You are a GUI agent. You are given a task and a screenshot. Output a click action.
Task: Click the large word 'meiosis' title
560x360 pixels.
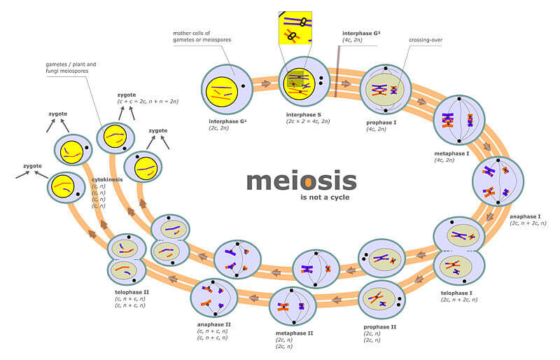[301, 181]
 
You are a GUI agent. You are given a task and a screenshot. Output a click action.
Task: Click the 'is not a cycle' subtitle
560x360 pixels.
[325, 198]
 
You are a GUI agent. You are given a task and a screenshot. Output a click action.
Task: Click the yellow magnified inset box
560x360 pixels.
[295, 28]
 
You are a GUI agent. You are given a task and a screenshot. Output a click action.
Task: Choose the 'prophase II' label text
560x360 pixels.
[380, 326]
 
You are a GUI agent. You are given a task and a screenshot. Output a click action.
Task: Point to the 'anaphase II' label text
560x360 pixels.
[214, 324]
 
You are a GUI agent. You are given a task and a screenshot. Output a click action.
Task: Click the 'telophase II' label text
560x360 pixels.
[132, 291]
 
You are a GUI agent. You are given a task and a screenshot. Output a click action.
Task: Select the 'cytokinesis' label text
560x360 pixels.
[107, 179]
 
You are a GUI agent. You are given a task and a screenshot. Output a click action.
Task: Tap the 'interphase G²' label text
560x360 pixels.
[362, 33]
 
